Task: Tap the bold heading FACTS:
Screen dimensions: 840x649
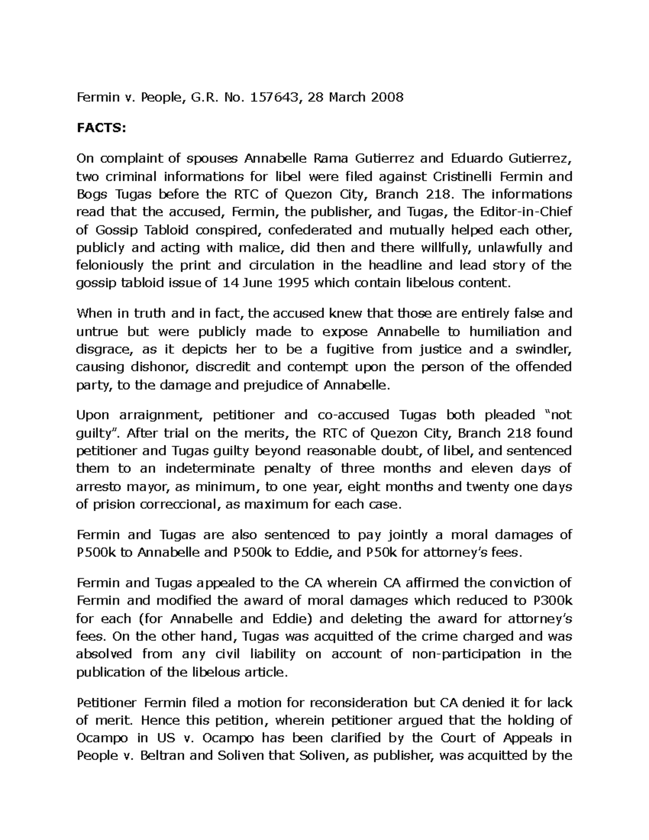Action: [101, 128]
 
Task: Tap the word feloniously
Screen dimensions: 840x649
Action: [110, 265]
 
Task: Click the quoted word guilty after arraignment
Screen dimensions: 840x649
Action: [93, 433]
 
